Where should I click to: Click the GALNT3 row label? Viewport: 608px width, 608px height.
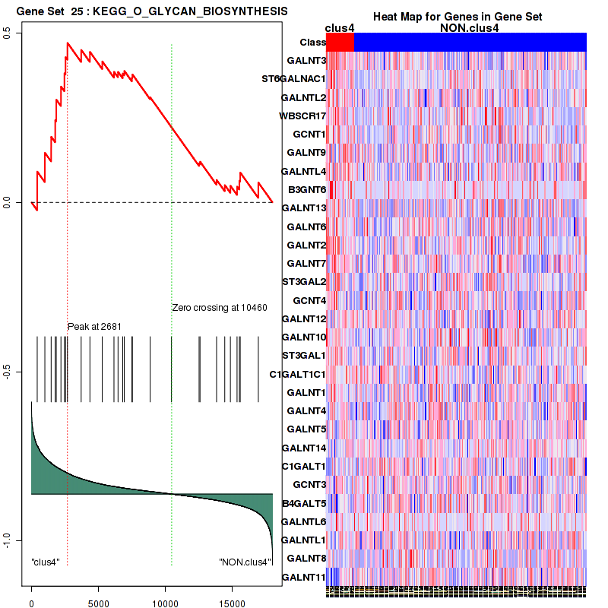[x=306, y=60]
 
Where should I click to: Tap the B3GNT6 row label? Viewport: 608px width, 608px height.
[x=307, y=189]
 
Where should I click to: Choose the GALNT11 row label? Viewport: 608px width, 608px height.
[x=303, y=578]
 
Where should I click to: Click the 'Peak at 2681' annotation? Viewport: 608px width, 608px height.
[x=95, y=326]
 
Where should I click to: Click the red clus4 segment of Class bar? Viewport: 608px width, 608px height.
[x=340, y=43]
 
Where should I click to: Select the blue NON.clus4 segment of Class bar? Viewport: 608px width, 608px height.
[x=470, y=43]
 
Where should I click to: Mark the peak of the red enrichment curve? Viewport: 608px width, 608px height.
[x=68, y=43]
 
